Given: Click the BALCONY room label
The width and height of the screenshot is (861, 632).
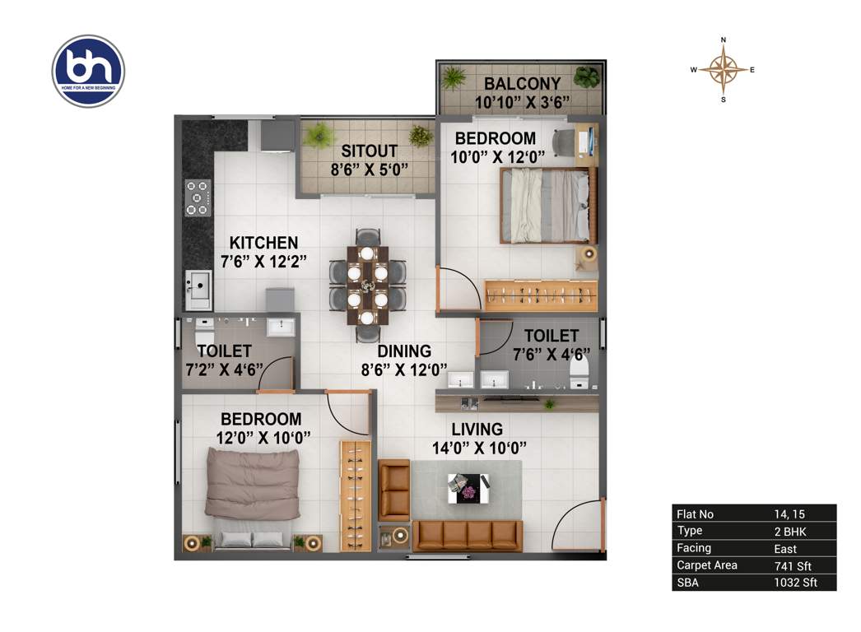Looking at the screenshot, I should (522, 83).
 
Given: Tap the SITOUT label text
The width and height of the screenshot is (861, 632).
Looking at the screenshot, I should (370, 151).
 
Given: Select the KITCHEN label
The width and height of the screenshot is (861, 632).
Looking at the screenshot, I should (263, 243).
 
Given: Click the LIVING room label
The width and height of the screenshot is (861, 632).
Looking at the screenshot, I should (477, 429).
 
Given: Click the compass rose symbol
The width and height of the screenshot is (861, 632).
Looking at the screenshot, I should (724, 70).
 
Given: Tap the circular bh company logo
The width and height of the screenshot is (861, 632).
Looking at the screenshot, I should (88, 71).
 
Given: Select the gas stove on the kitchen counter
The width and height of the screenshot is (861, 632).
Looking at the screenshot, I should (198, 197).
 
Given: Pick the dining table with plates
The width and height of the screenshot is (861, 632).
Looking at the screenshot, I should (368, 282).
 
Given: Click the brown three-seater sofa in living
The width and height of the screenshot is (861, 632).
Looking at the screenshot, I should (467, 536).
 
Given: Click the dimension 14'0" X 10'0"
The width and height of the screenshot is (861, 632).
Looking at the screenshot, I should (479, 448).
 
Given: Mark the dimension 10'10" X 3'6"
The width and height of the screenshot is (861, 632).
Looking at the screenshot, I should (523, 103).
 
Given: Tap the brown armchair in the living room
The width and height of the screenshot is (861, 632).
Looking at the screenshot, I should (394, 490).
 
